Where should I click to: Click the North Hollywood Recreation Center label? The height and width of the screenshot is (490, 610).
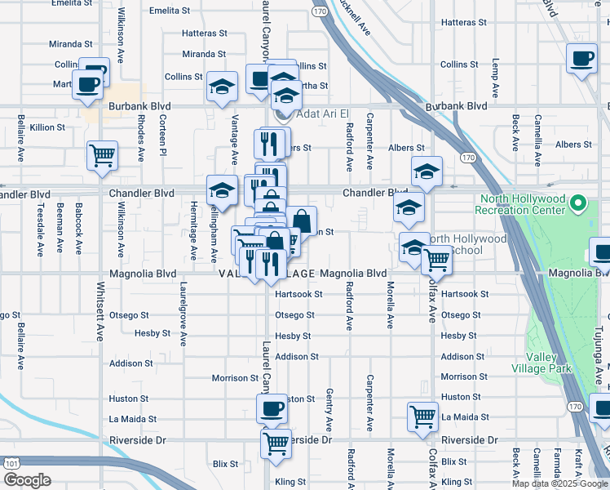coord(522,204)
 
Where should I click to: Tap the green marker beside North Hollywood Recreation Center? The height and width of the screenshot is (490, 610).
coord(578,203)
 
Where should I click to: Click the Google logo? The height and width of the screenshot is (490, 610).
coord(28,480)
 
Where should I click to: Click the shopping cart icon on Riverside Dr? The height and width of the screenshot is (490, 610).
coord(276,443)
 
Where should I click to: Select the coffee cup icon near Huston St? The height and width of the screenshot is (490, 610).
coord(272,408)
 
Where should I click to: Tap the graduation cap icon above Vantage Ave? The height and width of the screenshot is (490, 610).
coord(222,87)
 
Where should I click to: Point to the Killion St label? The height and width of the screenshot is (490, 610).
coord(47,127)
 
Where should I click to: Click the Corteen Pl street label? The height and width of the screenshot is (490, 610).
coord(163,135)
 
